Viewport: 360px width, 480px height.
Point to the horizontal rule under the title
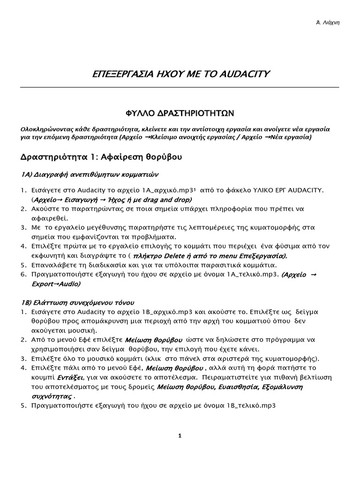[180, 87]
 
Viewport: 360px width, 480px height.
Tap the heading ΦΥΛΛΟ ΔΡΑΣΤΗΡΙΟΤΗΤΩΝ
[180, 113]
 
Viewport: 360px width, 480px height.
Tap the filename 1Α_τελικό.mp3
[255, 274]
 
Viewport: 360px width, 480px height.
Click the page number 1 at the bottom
[180, 436]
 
